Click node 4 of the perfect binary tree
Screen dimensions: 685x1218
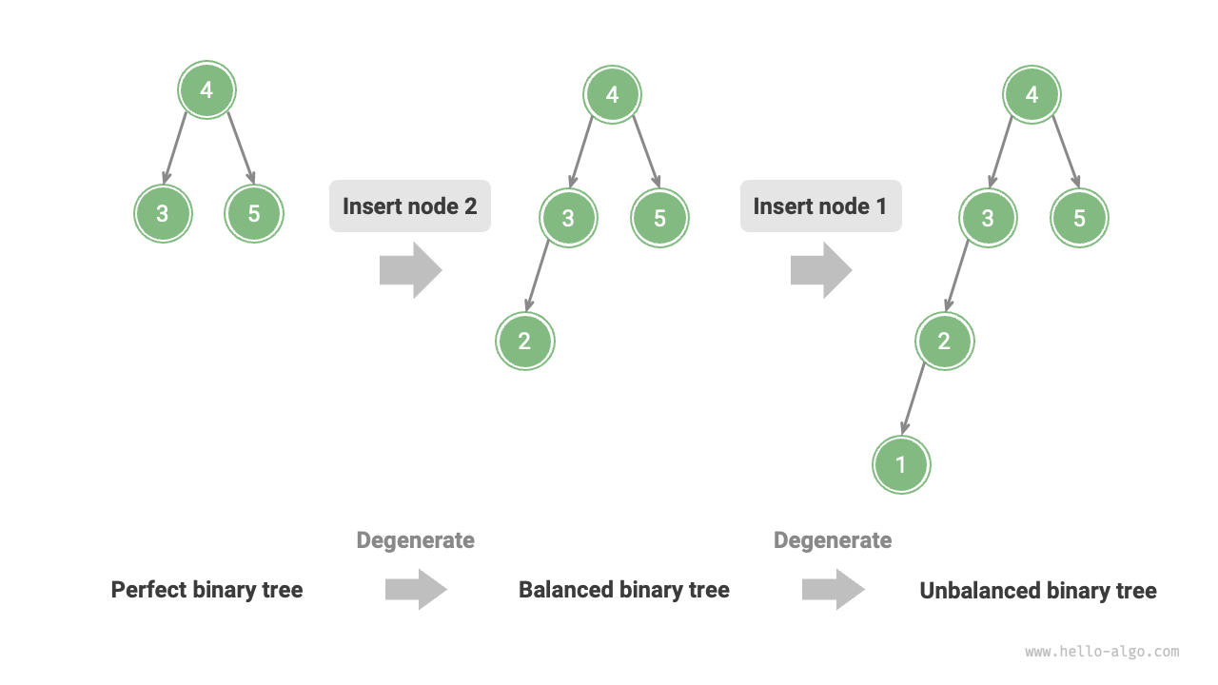click(206, 90)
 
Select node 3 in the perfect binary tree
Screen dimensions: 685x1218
click(163, 213)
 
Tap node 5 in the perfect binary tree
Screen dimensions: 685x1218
click(254, 213)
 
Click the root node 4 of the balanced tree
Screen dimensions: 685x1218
click(612, 94)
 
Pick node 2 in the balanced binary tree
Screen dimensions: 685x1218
click(524, 342)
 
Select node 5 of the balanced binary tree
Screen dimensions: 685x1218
click(659, 218)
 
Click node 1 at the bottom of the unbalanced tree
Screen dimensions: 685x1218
click(901, 464)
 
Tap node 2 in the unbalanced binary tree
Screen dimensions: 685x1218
click(944, 342)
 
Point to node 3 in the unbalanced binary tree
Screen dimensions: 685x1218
click(988, 218)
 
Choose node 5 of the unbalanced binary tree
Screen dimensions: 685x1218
click(1079, 218)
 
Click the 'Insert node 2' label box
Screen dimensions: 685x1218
click(410, 206)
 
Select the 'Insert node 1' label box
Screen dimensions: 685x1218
click(821, 206)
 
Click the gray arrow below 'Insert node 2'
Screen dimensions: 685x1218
click(410, 270)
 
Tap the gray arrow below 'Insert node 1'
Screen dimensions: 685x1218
click(821, 270)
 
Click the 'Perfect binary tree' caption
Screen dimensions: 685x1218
click(206, 590)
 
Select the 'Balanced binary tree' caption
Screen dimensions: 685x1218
click(623, 590)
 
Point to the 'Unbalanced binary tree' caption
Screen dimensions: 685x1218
click(1037, 591)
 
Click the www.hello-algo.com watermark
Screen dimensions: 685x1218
click(1102, 652)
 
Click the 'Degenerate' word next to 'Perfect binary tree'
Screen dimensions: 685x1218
click(415, 540)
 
